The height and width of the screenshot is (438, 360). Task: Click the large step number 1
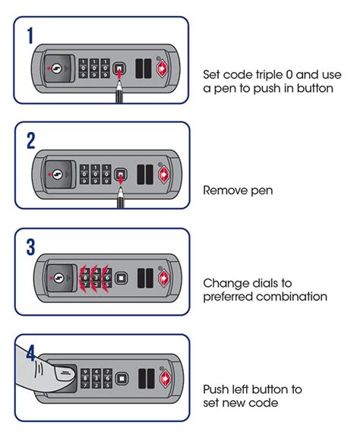click(30, 36)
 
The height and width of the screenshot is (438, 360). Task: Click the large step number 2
click(31, 140)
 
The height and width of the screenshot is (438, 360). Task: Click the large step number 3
click(30, 247)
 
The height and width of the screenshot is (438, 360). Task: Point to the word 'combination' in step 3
click(292, 296)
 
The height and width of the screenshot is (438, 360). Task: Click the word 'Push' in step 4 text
click(215, 389)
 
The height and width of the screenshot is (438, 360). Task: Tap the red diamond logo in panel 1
click(163, 69)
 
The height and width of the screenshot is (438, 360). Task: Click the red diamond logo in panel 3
click(164, 279)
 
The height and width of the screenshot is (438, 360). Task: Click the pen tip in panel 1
click(119, 81)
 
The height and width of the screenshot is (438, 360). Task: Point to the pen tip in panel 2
click(121, 187)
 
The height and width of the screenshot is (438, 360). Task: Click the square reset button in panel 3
click(121, 279)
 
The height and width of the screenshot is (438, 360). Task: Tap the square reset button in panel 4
click(122, 379)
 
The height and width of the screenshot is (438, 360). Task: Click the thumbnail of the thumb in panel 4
click(65, 373)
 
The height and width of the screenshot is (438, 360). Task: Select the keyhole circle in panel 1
click(57, 68)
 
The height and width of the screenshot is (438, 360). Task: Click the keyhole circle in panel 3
click(58, 278)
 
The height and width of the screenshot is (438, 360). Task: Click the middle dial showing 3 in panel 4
click(96, 379)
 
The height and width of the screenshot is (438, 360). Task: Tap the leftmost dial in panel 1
click(83, 68)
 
